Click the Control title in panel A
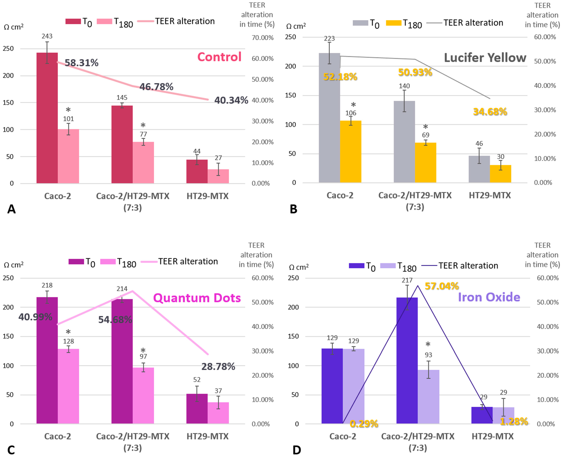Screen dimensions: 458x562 (x=219, y=57)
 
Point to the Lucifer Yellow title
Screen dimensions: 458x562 (x=485, y=58)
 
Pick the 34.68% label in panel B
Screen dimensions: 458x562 (x=490, y=112)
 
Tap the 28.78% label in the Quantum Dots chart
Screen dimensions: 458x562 (x=218, y=366)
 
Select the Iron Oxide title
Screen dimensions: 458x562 (x=489, y=297)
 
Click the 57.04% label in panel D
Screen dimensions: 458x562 (x=442, y=286)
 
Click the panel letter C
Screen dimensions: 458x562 (x=11, y=450)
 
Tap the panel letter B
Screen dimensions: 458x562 (x=293, y=209)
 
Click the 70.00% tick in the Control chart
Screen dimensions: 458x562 (x=262, y=38)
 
